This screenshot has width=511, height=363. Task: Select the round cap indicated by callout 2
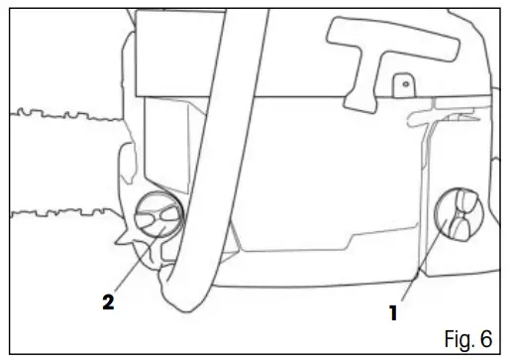pyautogui.click(x=156, y=216)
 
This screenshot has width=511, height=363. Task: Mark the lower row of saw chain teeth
pyautogui.click(x=59, y=211)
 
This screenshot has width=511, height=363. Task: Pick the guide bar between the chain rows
pyautogui.click(x=59, y=164)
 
